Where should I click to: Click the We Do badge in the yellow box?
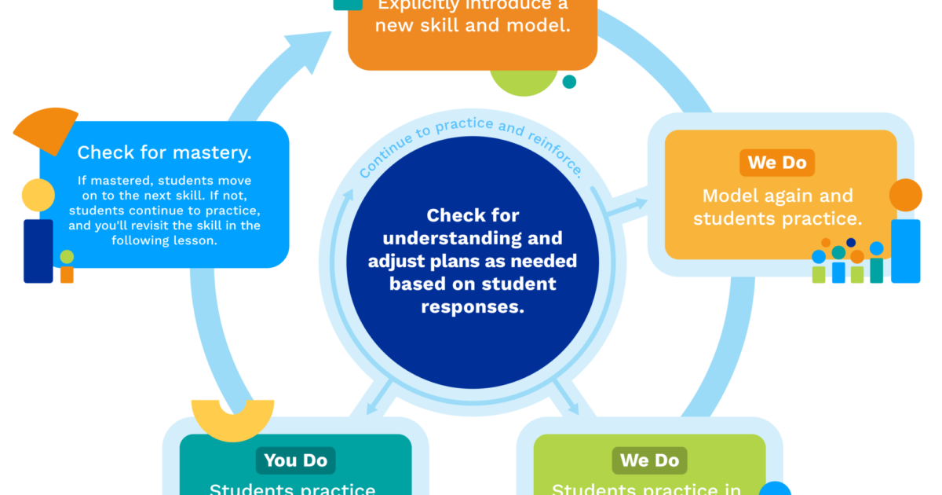click(777, 163)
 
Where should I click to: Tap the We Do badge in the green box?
click(649, 460)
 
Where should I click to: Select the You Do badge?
click(295, 460)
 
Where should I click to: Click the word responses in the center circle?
click(472, 306)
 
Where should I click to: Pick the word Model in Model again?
click(730, 196)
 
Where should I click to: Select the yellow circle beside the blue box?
click(38, 195)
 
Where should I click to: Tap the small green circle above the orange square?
click(67, 257)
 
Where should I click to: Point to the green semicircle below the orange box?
click(524, 83)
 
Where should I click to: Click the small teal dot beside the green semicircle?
click(569, 82)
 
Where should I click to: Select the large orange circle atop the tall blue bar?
click(906, 195)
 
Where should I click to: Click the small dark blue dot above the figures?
click(850, 243)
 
